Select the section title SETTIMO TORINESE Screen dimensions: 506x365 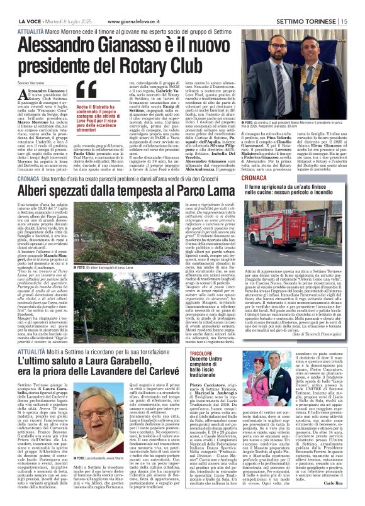310,5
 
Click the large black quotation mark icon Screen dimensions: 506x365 89,89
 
